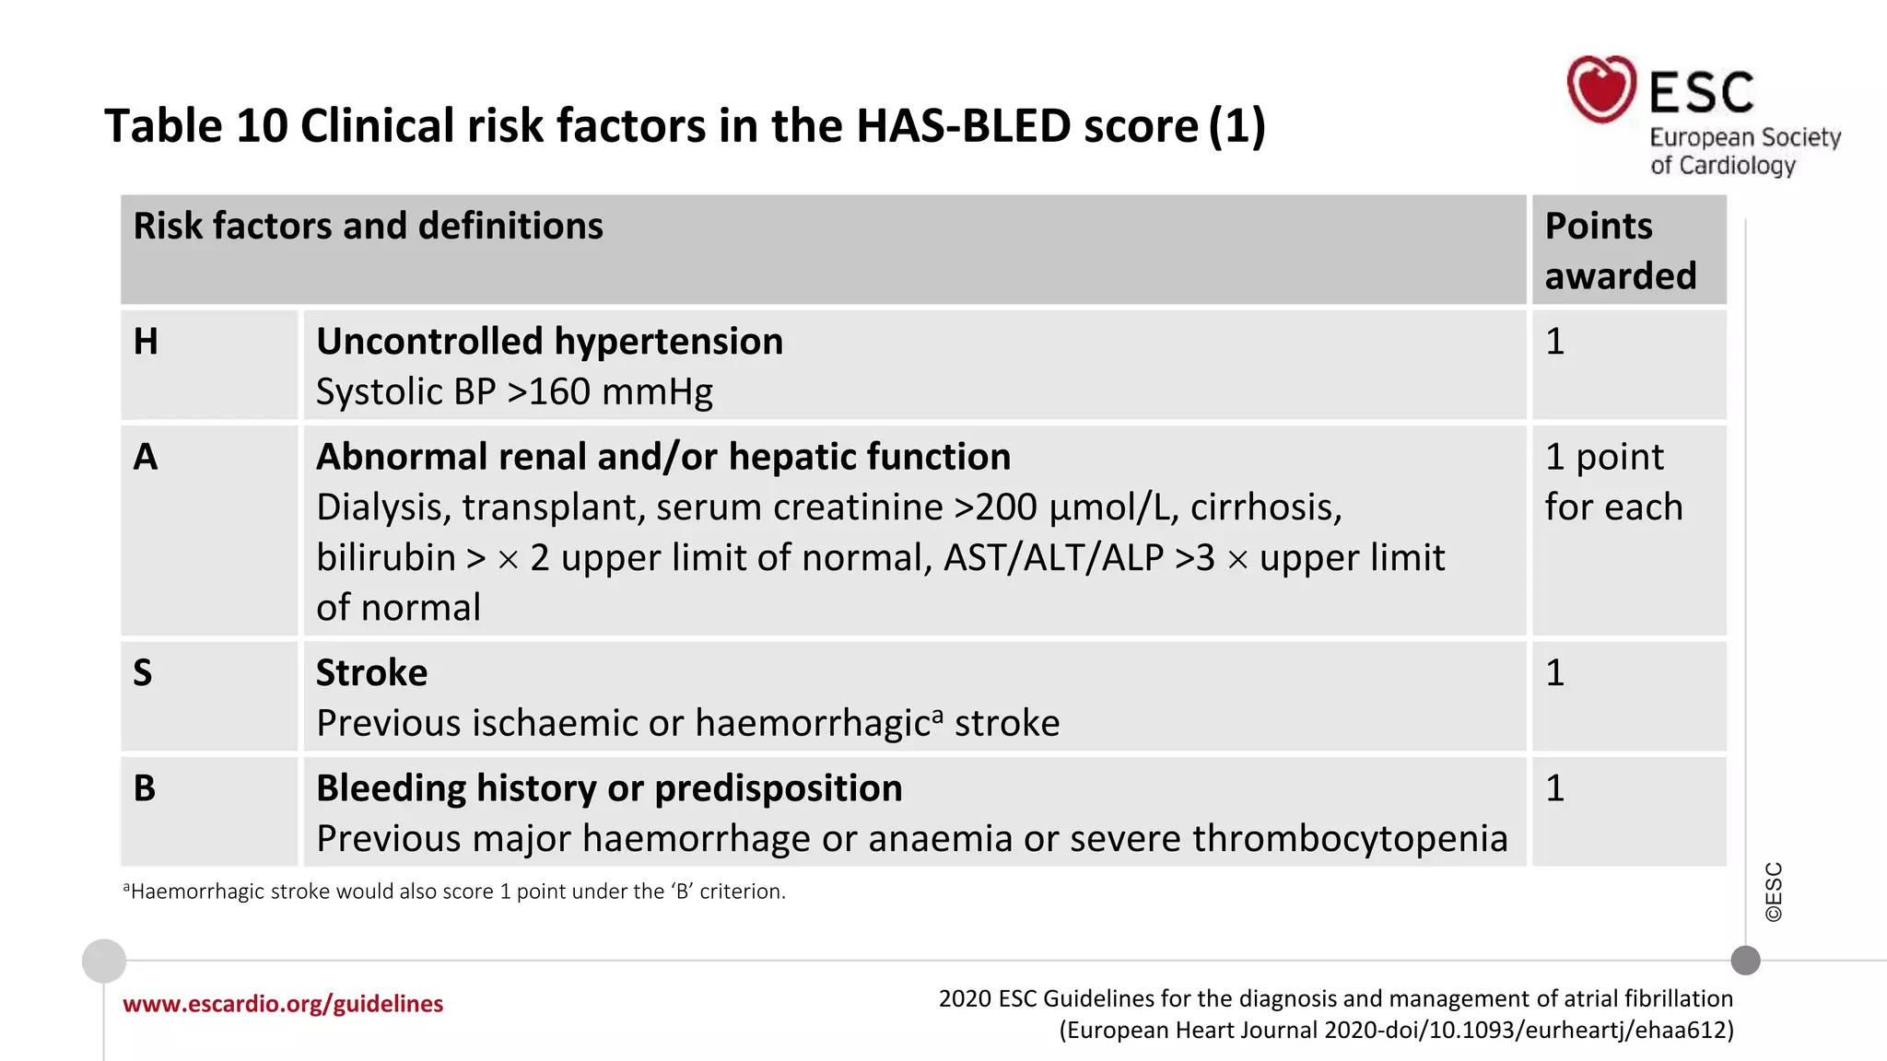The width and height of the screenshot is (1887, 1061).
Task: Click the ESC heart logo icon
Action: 1601,89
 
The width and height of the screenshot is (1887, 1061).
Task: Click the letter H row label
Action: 146,342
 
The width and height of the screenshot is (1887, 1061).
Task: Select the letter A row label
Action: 146,457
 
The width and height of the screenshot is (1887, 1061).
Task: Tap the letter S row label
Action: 143,673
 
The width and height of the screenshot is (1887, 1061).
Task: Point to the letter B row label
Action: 145,788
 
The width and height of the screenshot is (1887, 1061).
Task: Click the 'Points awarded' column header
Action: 1620,251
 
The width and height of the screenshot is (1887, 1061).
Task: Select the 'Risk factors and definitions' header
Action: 368,227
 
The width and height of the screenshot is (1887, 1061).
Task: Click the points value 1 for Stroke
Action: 1555,673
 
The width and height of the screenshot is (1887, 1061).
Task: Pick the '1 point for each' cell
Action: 1613,482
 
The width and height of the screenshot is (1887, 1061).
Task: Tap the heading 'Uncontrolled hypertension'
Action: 549,342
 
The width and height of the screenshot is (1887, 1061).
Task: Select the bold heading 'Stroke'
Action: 371,673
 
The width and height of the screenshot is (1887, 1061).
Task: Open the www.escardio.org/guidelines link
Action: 283,1004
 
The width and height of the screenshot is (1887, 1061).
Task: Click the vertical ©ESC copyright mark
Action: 1774,892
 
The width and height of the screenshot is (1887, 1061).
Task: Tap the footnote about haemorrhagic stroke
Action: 454,892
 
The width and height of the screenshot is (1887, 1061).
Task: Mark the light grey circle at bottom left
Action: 104,962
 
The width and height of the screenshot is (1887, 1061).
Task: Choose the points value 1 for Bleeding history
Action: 1555,788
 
